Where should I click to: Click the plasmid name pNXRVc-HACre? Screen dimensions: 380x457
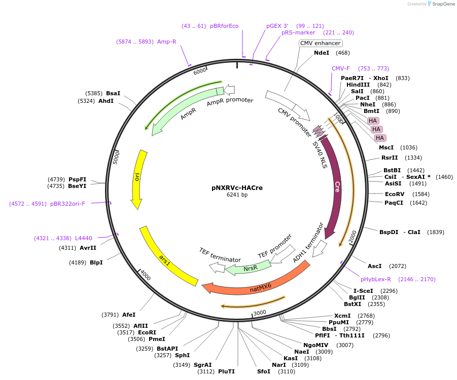pos(237,187)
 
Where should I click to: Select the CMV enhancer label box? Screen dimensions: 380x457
pos(321,44)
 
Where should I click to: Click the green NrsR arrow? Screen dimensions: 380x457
pos(249,268)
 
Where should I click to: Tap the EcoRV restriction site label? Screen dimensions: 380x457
pos(395,194)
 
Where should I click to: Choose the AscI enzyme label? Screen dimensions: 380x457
pos(374,266)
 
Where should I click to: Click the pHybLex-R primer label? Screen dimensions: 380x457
pos(376,279)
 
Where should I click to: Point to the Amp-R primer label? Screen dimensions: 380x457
pos(167,42)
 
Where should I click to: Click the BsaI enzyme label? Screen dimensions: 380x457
pos(113,93)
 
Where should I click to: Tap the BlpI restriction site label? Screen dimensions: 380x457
pos(96,262)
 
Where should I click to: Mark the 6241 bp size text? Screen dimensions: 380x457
pos(237,195)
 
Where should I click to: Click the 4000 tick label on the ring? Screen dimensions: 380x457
pos(146,276)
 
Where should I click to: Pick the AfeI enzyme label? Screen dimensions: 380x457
pos(129,315)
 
